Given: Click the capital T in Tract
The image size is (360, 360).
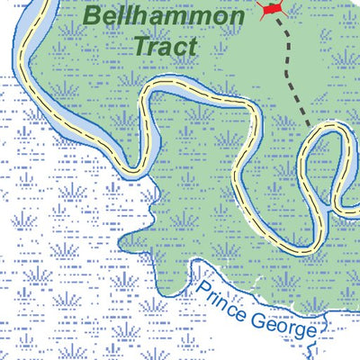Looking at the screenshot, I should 139,45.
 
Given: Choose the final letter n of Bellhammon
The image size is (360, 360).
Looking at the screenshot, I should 236,18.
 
